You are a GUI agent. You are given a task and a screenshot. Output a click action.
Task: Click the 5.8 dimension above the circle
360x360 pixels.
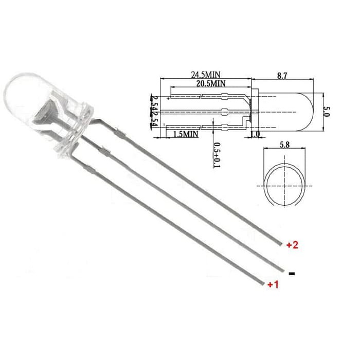(284, 146)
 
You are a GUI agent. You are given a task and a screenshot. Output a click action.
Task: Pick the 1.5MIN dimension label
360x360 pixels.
(186, 134)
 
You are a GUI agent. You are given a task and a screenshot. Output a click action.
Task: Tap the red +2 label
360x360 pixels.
(292, 245)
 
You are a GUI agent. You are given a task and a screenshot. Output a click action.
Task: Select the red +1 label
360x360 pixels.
(273, 284)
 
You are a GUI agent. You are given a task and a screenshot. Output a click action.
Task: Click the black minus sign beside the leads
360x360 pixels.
(292, 274)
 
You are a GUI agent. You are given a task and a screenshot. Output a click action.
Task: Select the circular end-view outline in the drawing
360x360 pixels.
(284, 184)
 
